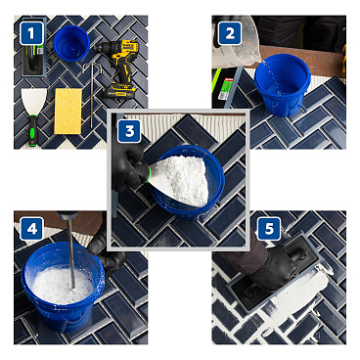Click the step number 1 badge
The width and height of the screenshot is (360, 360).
coord(33,34)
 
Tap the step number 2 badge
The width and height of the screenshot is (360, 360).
coord(231,33)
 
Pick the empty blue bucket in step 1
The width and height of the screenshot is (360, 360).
coord(71,43)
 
